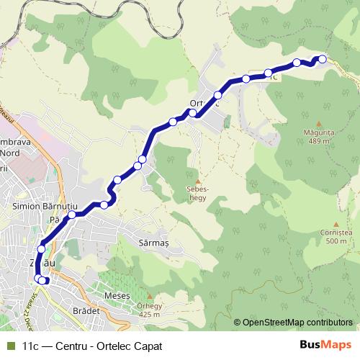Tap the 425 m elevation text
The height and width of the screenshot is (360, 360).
tap(149, 315)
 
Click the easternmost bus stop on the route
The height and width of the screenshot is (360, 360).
tap(323, 59)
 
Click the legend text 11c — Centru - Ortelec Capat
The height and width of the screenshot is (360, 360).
tap(92, 346)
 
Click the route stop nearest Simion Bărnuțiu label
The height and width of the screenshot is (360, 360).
tap(72, 215)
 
